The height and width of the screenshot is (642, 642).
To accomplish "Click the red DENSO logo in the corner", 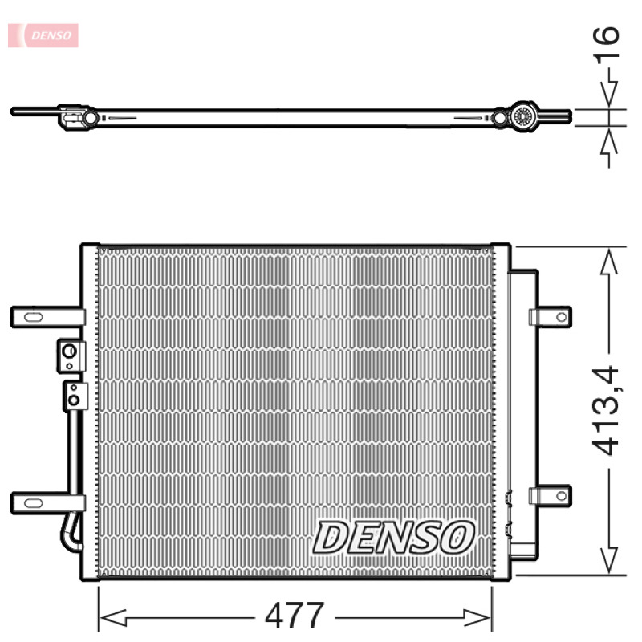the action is [43, 35].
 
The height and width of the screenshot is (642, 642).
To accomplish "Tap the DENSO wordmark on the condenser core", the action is [393, 537].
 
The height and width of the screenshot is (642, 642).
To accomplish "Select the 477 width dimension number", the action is [295, 616].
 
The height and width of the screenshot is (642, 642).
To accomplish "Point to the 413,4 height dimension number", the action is [605, 411].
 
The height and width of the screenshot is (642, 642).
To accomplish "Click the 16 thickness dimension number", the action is [606, 45].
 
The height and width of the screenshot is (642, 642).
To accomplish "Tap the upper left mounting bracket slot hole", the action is [33, 317].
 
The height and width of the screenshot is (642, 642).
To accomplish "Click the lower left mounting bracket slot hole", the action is [33, 503].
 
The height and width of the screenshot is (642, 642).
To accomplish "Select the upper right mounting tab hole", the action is [561, 317].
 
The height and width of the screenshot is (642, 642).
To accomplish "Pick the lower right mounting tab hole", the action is [561, 496].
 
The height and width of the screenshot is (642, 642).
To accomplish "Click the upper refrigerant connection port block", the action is [71, 356].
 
